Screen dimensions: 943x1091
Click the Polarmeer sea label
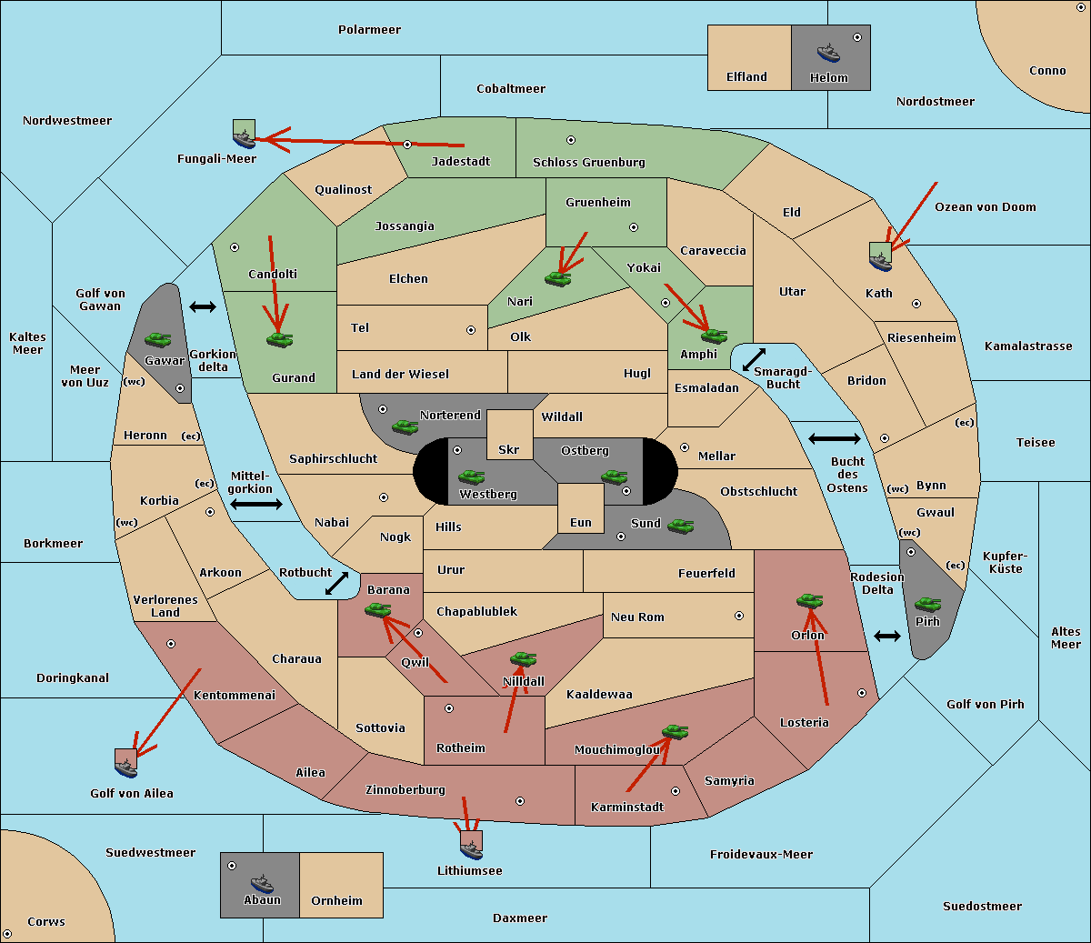(x=369, y=30)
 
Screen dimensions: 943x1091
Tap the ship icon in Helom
(x=828, y=53)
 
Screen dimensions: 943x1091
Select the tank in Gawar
(x=157, y=339)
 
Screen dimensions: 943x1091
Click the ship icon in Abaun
(x=261, y=883)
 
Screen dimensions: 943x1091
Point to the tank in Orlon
(x=809, y=601)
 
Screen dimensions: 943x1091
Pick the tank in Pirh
(x=927, y=605)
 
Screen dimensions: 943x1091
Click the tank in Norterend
(x=405, y=426)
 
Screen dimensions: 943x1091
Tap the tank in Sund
(x=680, y=526)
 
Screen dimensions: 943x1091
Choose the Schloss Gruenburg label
(x=588, y=163)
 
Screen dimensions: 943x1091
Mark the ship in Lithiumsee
(x=471, y=846)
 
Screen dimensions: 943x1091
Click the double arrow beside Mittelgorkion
(x=256, y=505)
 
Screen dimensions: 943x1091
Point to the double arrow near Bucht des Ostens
(x=834, y=439)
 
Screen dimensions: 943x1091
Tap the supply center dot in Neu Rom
(x=739, y=616)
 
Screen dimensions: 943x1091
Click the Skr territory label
(x=509, y=449)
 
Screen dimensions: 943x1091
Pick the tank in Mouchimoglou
(x=675, y=731)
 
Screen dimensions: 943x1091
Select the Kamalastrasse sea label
(x=1028, y=346)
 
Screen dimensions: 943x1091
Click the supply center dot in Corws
(x=8, y=934)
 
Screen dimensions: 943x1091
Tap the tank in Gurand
(x=279, y=339)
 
